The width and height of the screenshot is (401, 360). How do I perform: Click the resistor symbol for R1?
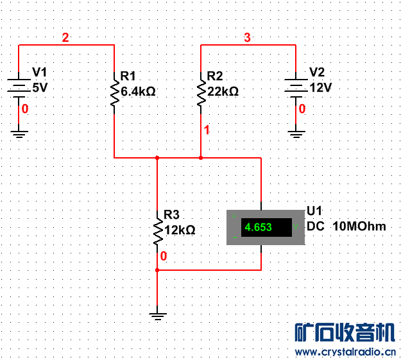pyautogui.click(x=114, y=93)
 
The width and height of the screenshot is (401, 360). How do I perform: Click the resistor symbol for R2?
pyautogui.click(x=201, y=93)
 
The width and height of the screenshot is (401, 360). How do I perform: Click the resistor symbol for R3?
pyautogui.click(x=158, y=230)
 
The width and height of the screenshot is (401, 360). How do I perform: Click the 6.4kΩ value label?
pyautogui.click(x=138, y=92)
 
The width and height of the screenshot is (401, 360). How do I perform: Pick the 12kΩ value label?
pyautogui.click(x=180, y=229)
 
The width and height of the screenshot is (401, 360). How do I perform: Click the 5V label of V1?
pyautogui.click(x=40, y=87)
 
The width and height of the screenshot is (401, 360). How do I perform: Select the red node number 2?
pyautogui.click(x=65, y=38)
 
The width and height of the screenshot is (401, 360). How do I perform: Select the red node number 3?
pyautogui.click(x=248, y=38)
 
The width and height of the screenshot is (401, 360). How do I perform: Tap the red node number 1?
pyautogui.click(x=207, y=130)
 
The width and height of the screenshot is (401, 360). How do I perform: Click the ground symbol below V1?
pyautogui.click(x=19, y=133)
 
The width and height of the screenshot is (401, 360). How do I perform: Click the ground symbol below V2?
pyautogui.click(x=296, y=133)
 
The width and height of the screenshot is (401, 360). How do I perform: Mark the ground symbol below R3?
pyautogui.click(x=158, y=315)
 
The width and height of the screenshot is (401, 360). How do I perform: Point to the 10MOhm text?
pyautogui.click(x=359, y=227)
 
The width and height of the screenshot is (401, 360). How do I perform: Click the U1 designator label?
pyautogui.click(x=314, y=211)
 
